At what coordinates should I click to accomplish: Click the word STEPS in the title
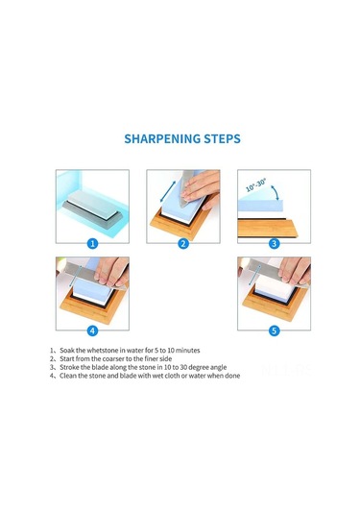pyautogui.click(x=223, y=138)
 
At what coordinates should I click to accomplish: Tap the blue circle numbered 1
pyautogui.click(x=93, y=244)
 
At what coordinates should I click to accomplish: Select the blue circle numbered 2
pyautogui.click(x=183, y=244)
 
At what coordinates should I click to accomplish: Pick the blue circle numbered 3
pyautogui.click(x=274, y=244)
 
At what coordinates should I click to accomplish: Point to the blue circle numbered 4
pyautogui.click(x=92, y=330)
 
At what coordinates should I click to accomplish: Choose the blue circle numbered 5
pyautogui.click(x=274, y=330)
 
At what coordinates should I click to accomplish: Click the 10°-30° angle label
pyautogui.click(x=256, y=184)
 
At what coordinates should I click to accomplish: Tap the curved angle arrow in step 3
pyautogui.click(x=276, y=192)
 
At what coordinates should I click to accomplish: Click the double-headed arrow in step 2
pyautogui.click(x=168, y=191)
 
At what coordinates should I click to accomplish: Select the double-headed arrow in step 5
pyautogui.click(x=255, y=276)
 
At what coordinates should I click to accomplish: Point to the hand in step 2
pyautogui.click(x=201, y=189)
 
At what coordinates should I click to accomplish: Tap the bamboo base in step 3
pyautogui.click(x=268, y=229)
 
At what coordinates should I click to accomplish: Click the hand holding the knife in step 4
pyautogui.click(x=111, y=271)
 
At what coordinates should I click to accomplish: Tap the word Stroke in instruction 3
pyautogui.click(x=69, y=367)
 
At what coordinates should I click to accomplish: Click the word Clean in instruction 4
pyautogui.click(x=68, y=376)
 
